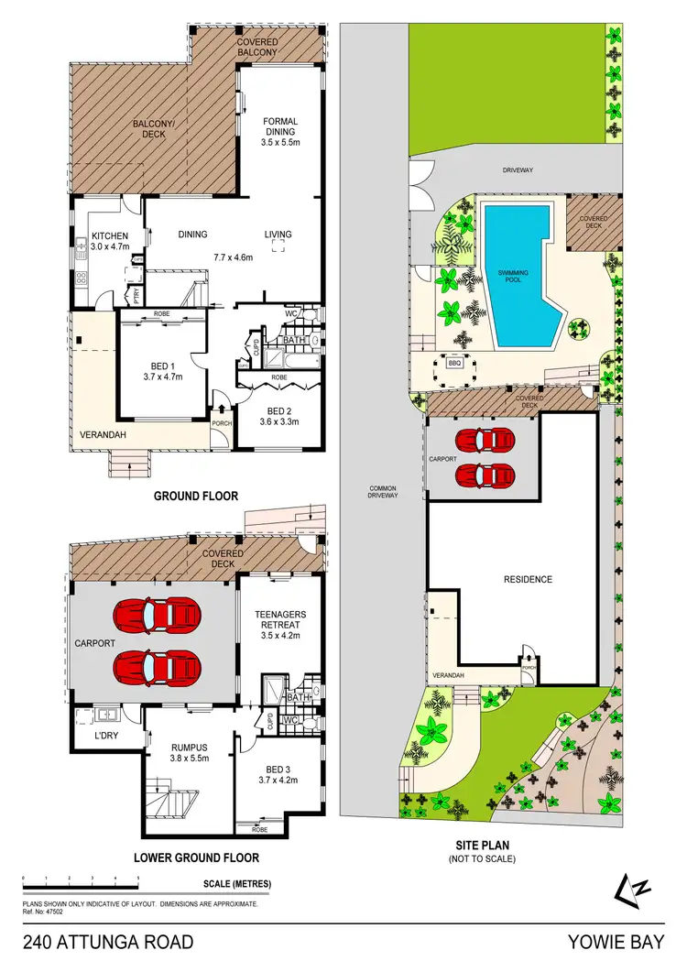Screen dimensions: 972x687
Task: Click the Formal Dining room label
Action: click(279, 133)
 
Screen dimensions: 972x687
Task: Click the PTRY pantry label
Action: click(136, 297)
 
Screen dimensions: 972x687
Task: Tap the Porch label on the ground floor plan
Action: click(222, 423)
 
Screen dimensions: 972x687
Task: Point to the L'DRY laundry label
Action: click(93, 735)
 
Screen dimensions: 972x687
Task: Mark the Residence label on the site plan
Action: click(529, 579)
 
